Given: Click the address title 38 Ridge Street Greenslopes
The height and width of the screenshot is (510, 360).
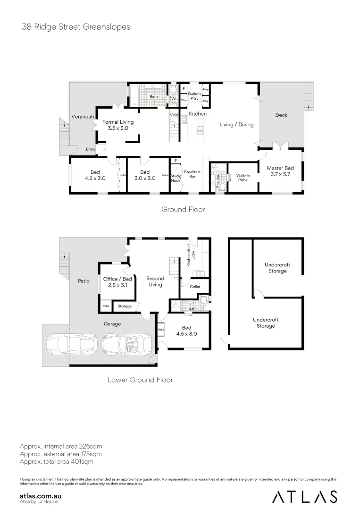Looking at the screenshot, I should click(x=76, y=27).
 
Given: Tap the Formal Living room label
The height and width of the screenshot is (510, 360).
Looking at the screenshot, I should click(x=118, y=125).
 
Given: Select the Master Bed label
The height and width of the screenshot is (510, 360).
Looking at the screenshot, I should click(x=280, y=171).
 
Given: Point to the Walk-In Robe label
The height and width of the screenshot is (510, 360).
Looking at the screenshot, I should click(x=243, y=178).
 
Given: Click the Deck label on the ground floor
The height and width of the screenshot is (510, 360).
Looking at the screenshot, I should click(x=281, y=115).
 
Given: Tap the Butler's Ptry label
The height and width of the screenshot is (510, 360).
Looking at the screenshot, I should click(x=194, y=96).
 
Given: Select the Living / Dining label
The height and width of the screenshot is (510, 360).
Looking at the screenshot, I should click(x=236, y=125).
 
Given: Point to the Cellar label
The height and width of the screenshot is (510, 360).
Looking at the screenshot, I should click(x=195, y=287).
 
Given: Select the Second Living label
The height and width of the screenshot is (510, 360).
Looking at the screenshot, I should click(x=155, y=281).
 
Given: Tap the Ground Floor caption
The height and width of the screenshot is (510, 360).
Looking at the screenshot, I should click(x=183, y=209).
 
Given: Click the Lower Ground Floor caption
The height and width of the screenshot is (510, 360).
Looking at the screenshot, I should click(x=140, y=380).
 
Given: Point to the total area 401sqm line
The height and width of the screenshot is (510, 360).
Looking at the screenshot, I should click(x=56, y=462).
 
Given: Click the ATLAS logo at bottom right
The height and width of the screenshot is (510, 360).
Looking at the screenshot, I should click(x=305, y=497).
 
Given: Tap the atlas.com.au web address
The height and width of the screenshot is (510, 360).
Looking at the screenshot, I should click(x=41, y=496).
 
